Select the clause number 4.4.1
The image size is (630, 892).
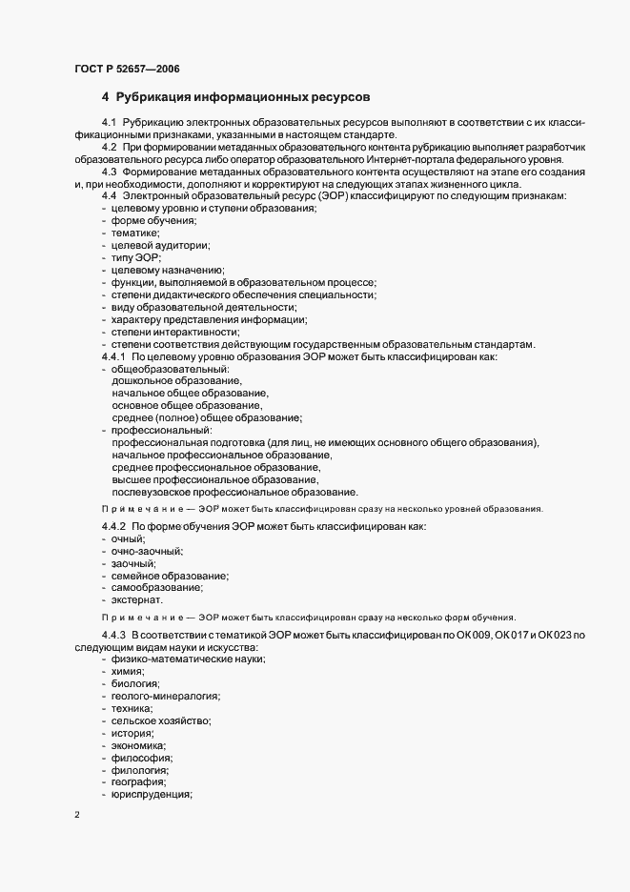pos(113,356)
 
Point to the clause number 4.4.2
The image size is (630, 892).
pos(113,527)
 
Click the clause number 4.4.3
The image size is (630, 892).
pos(113,635)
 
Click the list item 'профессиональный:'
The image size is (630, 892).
pos(156,430)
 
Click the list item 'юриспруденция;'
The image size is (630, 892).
pos(152,795)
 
